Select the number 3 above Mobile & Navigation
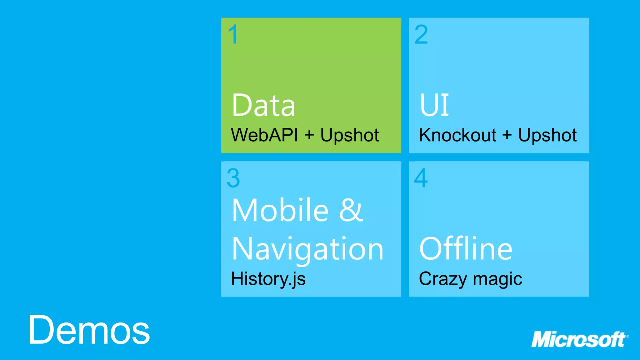click(x=233, y=178)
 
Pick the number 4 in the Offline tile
click(x=421, y=178)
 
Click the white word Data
click(x=263, y=106)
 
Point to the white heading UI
click(x=434, y=105)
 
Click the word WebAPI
click(x=264, y=135)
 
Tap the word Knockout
click(x=457, y=135)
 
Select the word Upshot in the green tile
click(x=349, y=136)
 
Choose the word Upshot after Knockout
click(x=547, y=136)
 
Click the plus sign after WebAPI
click(x=309, y=135)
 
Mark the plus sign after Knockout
click(x=507, y=135)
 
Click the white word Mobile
click(x=280, y=210)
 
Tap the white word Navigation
click(x=307, y=249)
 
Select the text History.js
click(x=268, y=279)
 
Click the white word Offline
click(x=466, y=249)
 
